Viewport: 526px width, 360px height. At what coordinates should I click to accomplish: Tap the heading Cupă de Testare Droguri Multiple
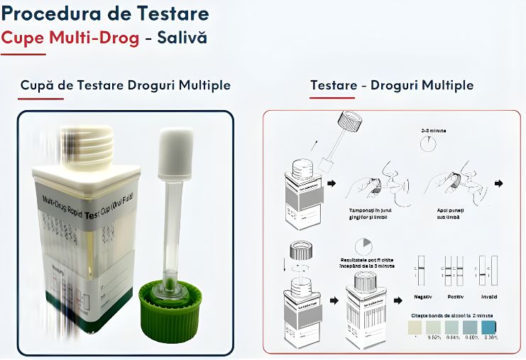pos(125,85)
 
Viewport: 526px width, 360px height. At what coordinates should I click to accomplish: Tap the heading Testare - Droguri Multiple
pos(391,85)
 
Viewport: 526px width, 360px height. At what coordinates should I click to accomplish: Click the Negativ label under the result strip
pos(423,296)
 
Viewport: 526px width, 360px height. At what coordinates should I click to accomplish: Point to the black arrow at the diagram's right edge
pos(499,183)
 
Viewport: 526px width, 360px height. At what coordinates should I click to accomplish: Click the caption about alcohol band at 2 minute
pos(452,313)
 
